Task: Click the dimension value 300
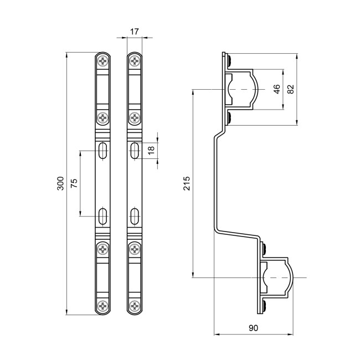(x=60, y=183)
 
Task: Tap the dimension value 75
(x=74, y=183)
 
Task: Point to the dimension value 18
(x=151, y=150)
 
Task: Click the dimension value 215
(x=187, y=183)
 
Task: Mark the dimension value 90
(x=253, y=328)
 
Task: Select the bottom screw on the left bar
(x=103, y=305)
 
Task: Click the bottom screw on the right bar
(x=135, y=305)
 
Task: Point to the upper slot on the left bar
(x=103, y=150)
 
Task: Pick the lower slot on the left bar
(x=103, y=216)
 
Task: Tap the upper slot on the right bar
(x=135, y=150)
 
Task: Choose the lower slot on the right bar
(x=135, y=216)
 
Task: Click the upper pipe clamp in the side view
(x=241, y=89)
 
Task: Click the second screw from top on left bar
(x=103, y=117)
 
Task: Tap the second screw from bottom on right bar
(x=135, y=250)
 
